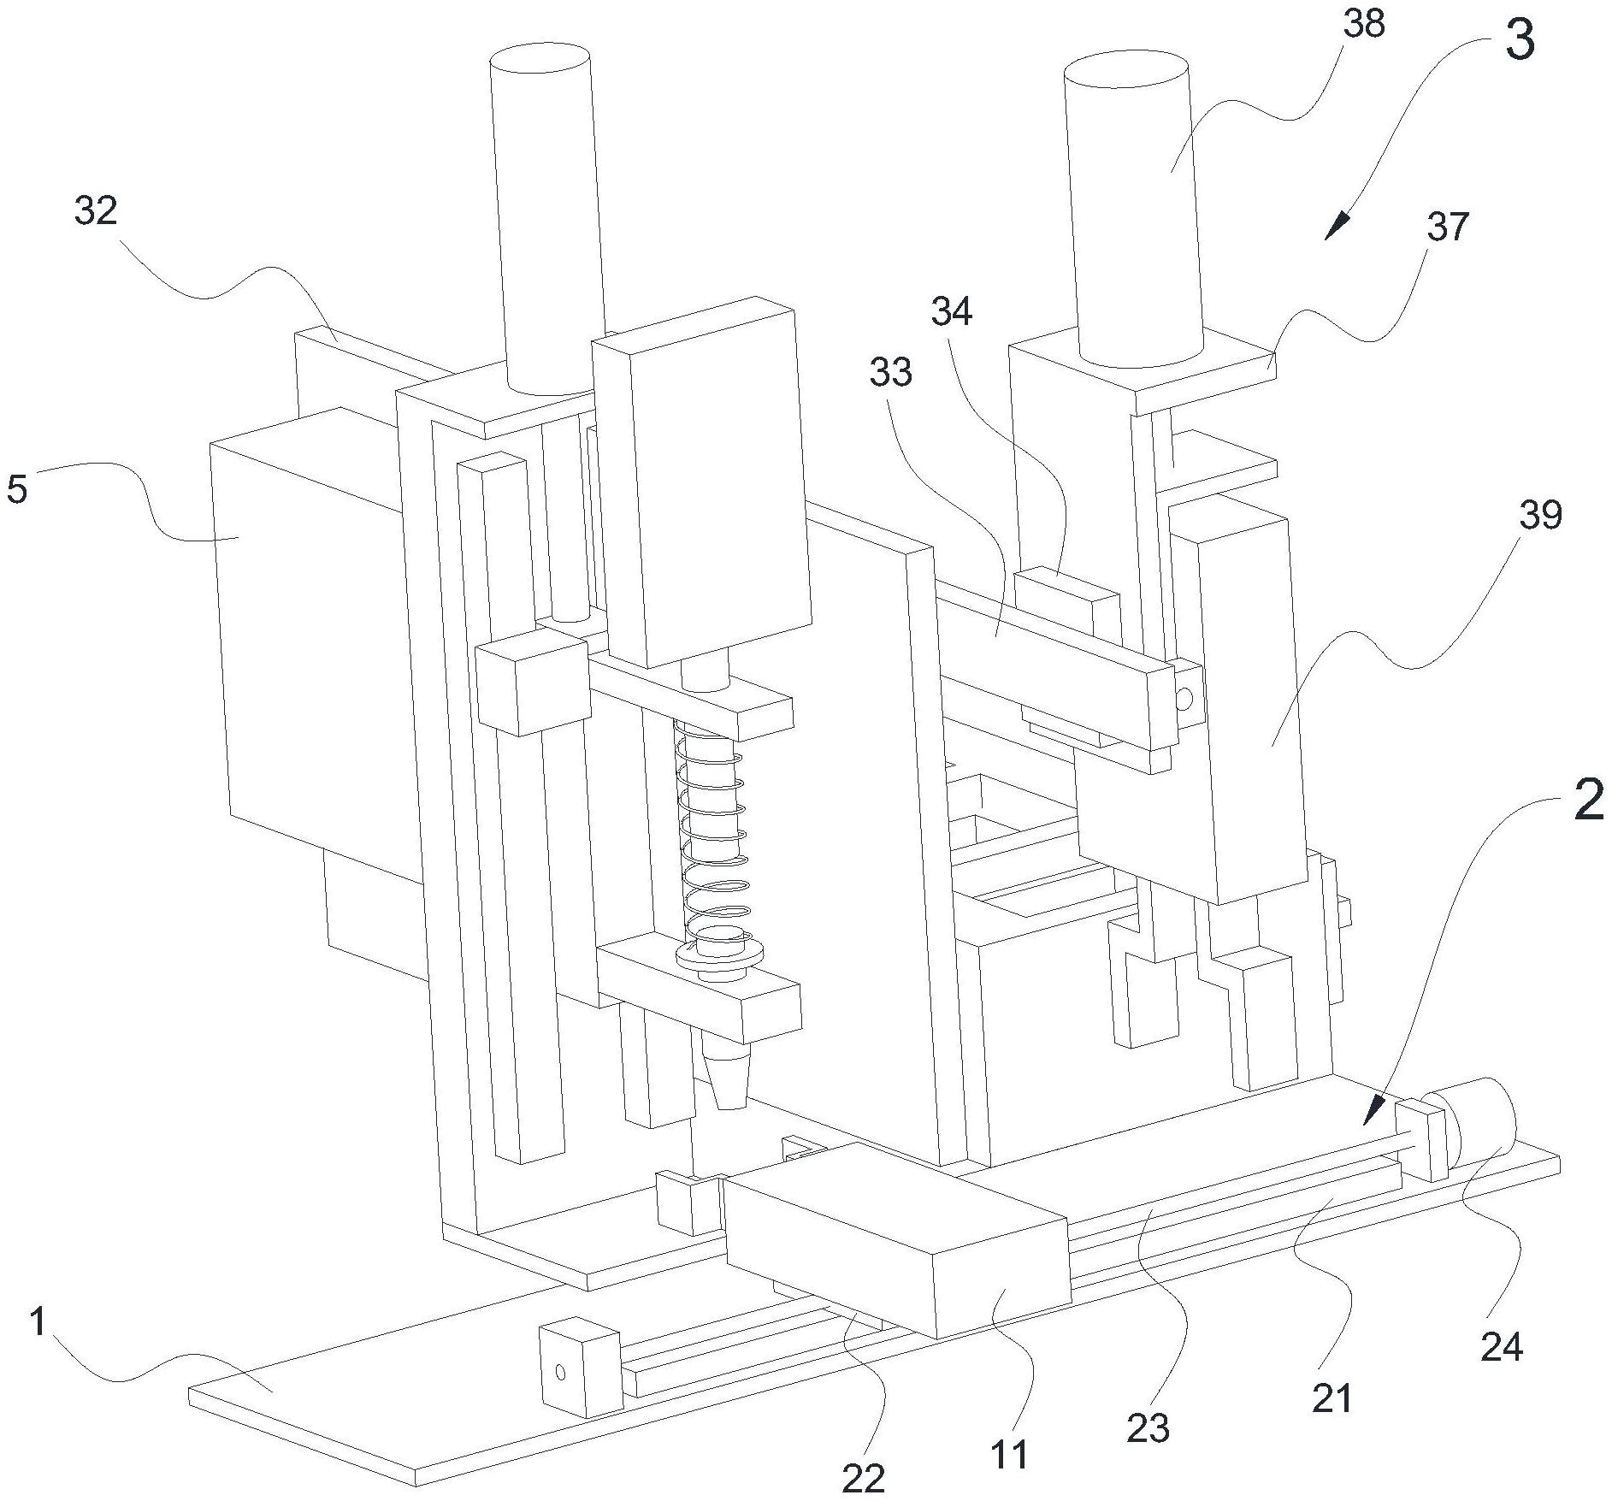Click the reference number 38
(x=1363, y=25)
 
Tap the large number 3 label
(x=1519, y=42)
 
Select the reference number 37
(x=1448, y=228)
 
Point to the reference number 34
(x=952, y=312)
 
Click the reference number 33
(x=891, y=372)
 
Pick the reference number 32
(x=95, y=210)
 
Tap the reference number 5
(x=17, y=489)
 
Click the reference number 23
(x=1148, y=1428)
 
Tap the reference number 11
(x=1009, y=1454)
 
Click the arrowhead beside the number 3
(x=1337, y=228)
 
